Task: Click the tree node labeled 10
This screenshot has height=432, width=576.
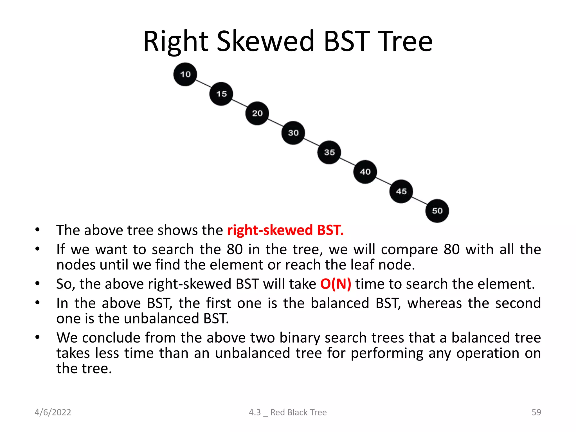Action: pos(185,74)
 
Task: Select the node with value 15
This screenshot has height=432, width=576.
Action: pos(221,94)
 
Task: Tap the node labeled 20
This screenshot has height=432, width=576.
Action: pos(257,113)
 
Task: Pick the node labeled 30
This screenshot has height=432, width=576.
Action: pos(293,133)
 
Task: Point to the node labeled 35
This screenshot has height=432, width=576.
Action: pos(329,152)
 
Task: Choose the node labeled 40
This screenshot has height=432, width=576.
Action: pos(365,172)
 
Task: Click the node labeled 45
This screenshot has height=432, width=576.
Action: pos(401,191)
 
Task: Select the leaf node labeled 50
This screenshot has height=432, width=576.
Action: pos(437,211)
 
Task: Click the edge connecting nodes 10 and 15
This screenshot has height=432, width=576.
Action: pos(203,84)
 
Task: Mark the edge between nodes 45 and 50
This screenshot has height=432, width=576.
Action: pos(419,201)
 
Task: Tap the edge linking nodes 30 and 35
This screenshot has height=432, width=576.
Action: pos(311,142)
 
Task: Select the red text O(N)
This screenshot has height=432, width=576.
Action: pos(336,284)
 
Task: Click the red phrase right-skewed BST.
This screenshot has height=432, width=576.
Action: pos(285,230)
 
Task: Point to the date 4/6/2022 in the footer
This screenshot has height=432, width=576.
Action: pos(53,412)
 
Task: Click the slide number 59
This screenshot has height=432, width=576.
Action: pos(536,412)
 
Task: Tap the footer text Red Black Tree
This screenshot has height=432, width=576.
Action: pos(298,412)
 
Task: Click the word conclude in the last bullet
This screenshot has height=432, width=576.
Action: pos(111,337)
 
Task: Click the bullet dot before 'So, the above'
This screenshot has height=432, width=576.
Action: pos(37,284)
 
